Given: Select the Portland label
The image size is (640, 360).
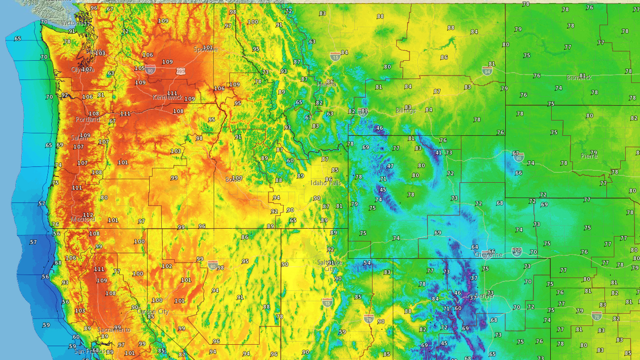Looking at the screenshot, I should [87, 120].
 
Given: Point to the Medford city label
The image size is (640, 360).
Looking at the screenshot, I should [82, 219].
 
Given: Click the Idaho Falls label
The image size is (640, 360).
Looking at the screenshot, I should [325, 183].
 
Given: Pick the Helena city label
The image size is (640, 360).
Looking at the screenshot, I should [326, 84].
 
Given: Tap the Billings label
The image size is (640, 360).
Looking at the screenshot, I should [406, 111].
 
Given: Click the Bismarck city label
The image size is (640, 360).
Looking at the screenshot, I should [579, 78].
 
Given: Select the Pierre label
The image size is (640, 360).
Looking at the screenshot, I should [589, 156].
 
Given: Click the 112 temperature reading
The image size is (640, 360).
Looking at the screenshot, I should [87, 215].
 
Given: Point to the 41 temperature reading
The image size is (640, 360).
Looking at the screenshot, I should [438, 153].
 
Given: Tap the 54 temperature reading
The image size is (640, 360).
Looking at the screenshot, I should [367, 263].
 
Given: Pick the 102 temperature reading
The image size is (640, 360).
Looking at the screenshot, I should [167, 266].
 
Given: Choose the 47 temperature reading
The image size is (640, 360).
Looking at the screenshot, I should [390, 166].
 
